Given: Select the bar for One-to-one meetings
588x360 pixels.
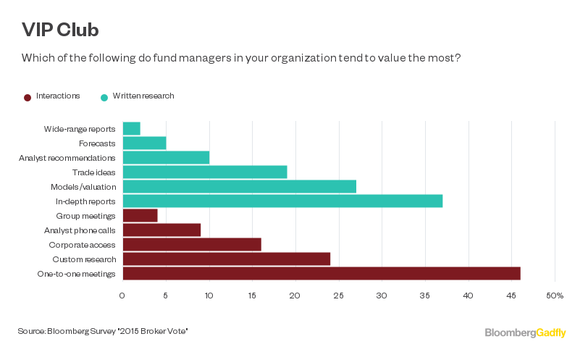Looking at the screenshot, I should click(322, 273).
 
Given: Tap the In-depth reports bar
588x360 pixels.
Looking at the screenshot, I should click(282, 201).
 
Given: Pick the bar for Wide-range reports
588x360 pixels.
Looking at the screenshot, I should click(132, 129).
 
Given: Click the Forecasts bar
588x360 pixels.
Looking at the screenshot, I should click(144, 143).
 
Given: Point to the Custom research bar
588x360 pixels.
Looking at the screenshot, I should click(227, 259).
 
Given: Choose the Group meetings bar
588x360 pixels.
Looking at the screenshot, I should click(140, 215).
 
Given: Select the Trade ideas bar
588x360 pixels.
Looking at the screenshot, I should click(205, 172).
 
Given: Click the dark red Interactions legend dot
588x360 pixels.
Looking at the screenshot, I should click(28, 97).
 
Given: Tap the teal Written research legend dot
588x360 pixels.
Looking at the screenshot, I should click(104, 97).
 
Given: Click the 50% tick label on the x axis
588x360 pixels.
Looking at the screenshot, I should click(555, 296).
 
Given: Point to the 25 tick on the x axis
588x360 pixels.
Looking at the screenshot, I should click(339, 296).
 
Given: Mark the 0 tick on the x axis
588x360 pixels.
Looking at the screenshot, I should click(122, 296).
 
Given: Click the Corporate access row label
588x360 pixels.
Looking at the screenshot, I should click(83, 245).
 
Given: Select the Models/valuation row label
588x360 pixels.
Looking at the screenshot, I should click(83, 187).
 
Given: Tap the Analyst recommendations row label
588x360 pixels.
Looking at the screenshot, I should click(67, 158).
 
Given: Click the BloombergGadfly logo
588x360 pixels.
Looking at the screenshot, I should click(526, 332).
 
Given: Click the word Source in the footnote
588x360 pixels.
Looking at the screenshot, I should click(31, 331).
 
